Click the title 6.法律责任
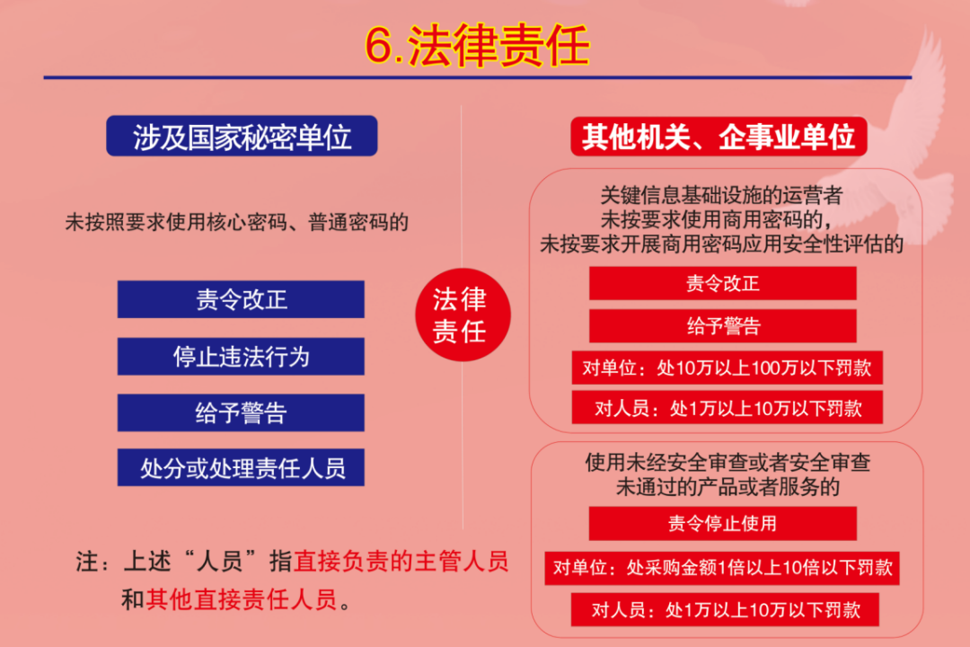click(x=477, y=46)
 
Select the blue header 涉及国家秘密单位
click(x=242, y=137)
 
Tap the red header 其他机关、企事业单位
click(x=718, y=137)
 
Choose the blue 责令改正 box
click(x=241, y=299)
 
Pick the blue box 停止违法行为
click(x=241, y=357)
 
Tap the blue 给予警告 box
click(x=241, y=412)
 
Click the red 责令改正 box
click(x=722, y=283)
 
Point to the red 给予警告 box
click(x=722, y=326)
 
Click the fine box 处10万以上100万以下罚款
click(x=727, y=368)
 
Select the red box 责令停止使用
click(x=722, y=523)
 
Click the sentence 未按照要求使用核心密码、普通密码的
click(x=236, y=222)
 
